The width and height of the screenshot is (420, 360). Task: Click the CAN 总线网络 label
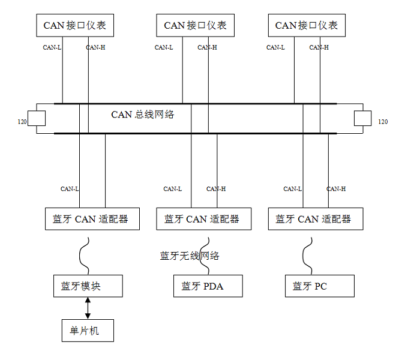(143, 115)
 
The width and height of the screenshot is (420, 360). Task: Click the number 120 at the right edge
(383, 122)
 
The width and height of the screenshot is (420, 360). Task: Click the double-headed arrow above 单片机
(88, 308)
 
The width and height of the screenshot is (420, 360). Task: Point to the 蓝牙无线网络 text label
(190, 256)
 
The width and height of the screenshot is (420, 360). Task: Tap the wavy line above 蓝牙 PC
(304, 256)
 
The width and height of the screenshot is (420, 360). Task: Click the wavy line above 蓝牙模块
(80, 256)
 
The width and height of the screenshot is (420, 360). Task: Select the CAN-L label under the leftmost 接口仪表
(52, 47)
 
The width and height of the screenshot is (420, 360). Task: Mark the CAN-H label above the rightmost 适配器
(336, 189)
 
